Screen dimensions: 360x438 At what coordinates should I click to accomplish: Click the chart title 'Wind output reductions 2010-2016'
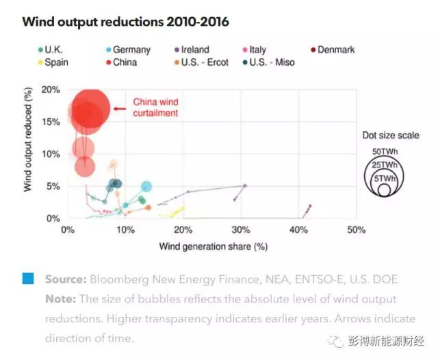pyautogui.click(x=125, y=22)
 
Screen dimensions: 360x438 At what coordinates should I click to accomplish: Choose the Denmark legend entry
pyautogui.click(x=335, y=50)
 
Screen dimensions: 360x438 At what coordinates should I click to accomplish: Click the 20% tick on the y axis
pyautogui.click(x=51, y=90)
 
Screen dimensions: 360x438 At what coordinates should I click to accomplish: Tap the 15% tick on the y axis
pyautogui.click(x=51, y=122)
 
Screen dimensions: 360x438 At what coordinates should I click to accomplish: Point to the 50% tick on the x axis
pyautogui.click(x=356, y=230)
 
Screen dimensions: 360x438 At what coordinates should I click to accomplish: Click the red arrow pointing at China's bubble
pyautogui.click(x=120, y=108)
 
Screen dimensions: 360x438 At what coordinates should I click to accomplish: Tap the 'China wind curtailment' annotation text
pyautogui.click(x=155, y=107)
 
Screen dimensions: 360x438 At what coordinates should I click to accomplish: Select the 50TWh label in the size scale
pyautogui.click(x=385, y=151)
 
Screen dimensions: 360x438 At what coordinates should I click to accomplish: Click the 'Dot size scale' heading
pyautogui.click(x=388, y=136)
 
